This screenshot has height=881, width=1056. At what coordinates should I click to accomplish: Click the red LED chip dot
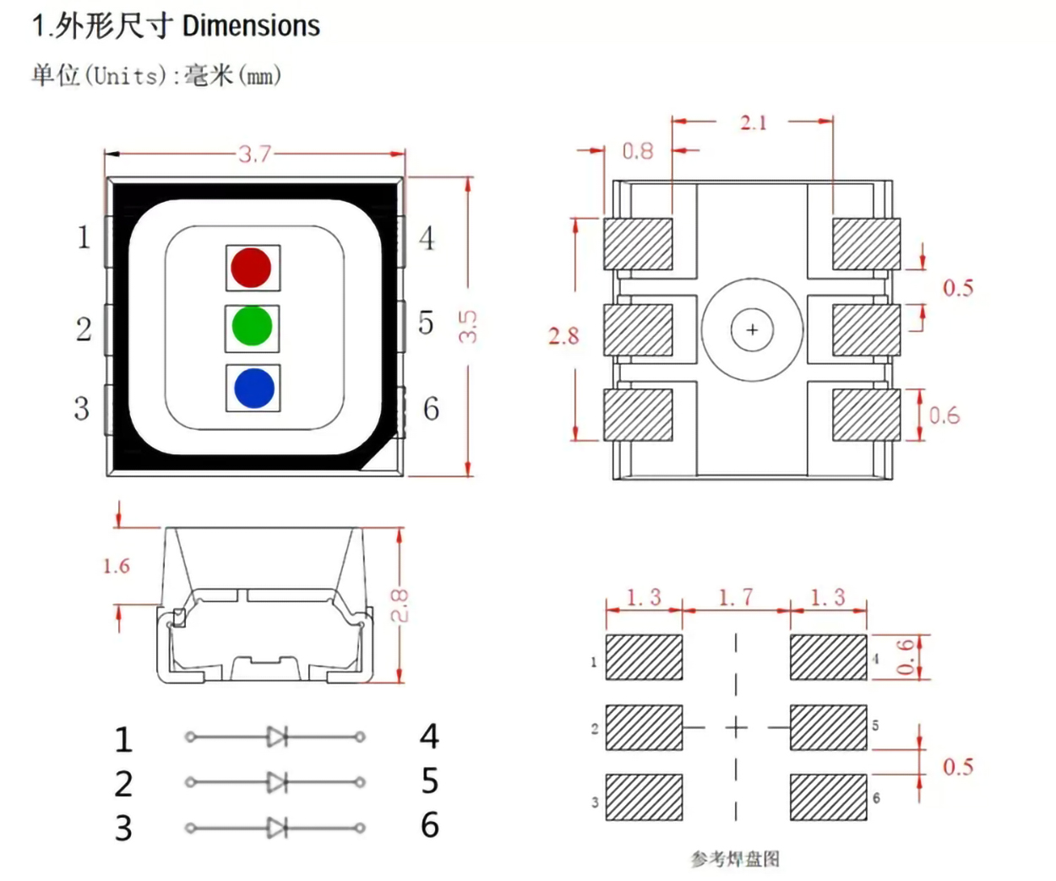[x=251, y=267]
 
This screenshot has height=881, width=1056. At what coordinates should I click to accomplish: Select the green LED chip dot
[x=252, y=327]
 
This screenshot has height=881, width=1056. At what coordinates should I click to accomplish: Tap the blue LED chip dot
[x=253, y=389]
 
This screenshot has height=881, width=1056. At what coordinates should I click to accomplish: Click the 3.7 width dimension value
[x=254, y=154]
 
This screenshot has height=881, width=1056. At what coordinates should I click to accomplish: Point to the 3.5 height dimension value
[x=468, y=326]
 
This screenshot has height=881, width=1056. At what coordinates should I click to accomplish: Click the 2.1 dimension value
[x=753, y=122]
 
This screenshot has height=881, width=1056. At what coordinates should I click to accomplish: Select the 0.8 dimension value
[x=638, y=151]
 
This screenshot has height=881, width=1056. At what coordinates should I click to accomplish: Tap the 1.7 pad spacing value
[x=735, y=597]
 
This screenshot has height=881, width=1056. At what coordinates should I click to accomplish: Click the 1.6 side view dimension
[x=117, y=566]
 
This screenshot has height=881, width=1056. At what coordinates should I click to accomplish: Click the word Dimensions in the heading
[x=251, y=26]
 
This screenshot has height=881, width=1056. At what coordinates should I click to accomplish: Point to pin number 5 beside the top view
[x=427, y=323]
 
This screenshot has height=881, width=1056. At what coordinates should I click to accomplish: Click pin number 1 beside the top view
[x=83, y=237]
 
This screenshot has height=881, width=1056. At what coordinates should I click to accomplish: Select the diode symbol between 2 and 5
[x=276, y=782]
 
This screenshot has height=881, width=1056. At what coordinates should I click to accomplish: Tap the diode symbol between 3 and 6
[x=276, y=828]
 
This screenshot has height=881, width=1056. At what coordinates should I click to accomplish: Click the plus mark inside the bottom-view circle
[x=752, y=329]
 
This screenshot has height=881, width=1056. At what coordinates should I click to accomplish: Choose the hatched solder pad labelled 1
[x=644, y=657]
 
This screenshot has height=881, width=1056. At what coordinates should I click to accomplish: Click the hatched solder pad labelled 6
[x=828, y=797]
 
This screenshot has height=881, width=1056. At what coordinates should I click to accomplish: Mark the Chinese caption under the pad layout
[x=735, y=859]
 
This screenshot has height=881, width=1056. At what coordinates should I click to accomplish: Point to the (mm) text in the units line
[x=260, y=76]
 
